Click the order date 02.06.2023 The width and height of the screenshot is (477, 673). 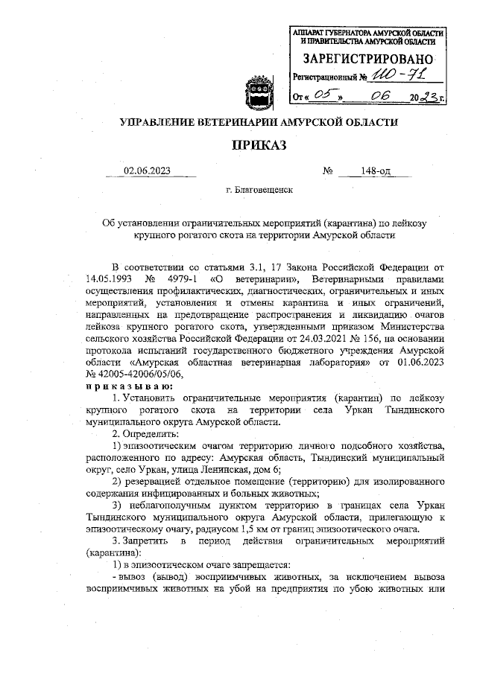(x=148, y=170)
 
